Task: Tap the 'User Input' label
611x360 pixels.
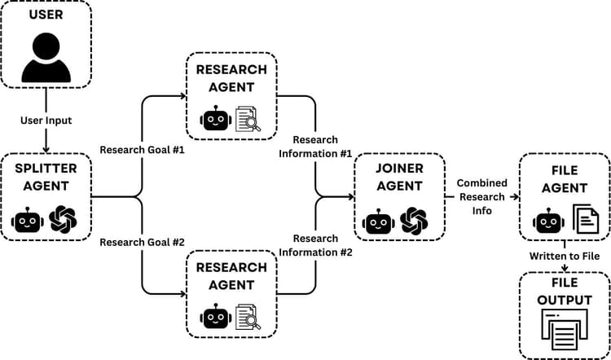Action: pyautogui.click(x=46, y=121)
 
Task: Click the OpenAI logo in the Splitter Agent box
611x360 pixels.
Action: pyautogui.click(x=63, y=219)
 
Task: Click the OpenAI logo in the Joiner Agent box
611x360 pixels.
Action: pyautogui.click(x=414, y=219)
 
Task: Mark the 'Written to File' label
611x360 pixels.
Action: pyautogui.click(x=564, y=256)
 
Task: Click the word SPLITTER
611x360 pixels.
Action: pyautogui.click(x=46, y=169)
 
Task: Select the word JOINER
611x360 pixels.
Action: pyautogui.click(x=399, y=169)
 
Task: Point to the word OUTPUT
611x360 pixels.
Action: pyautogui.click(x=565, y=301)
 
